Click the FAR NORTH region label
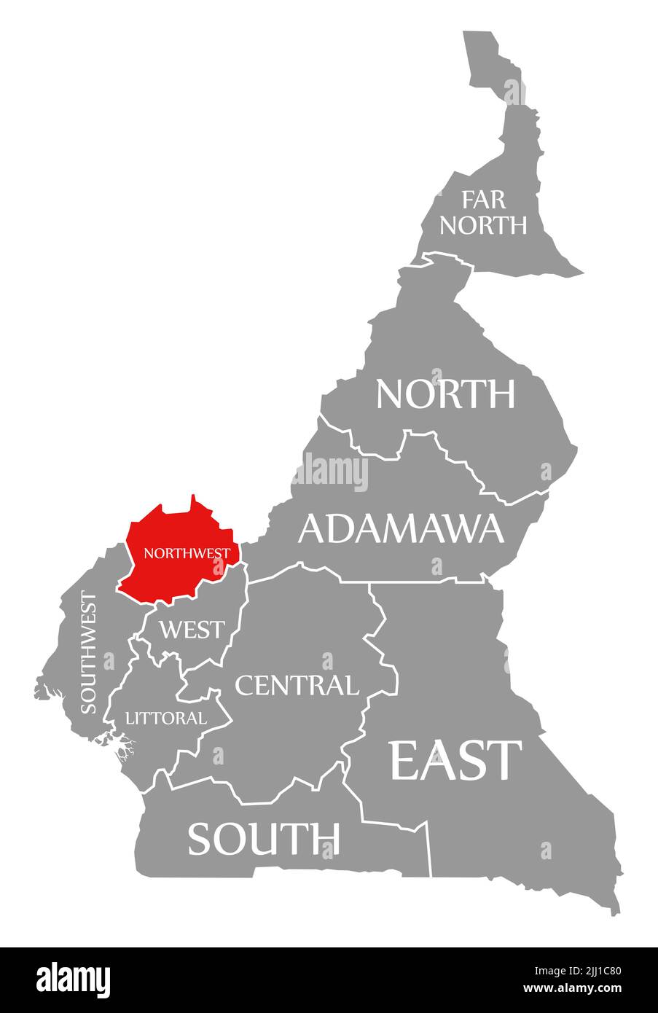pos(482,212)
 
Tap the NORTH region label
pos(445,394)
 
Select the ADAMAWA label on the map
pos(401,528)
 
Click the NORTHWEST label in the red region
pos(187,553)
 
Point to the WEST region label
pos(192,629)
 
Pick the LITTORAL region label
pos(166,718)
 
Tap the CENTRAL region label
pos(297,685)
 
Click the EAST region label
pos(456,760)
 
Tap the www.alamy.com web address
pos(572,988)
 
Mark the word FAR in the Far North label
pos(482,199)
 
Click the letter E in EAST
pos(408,760)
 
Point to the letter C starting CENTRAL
pos(245,685)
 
